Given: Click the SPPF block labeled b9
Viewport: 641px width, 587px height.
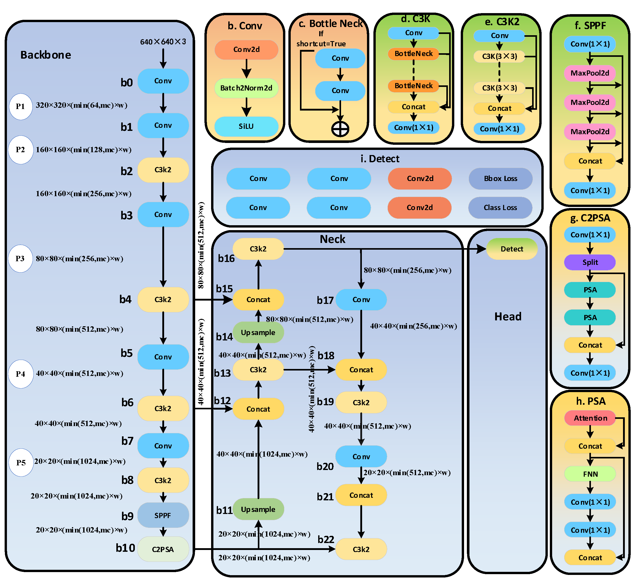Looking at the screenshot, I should click(x=163, y=515).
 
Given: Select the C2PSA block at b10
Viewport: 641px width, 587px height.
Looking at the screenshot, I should click(x=163, y=549).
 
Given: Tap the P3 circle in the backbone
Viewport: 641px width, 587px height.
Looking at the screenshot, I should click(x=20, y=258).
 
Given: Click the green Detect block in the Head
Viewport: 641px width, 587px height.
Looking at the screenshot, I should click(x=512, y=249).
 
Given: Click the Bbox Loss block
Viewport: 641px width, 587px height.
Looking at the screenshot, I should click(x=501, y=179).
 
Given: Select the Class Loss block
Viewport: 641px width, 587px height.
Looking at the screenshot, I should click(x=500, y=207).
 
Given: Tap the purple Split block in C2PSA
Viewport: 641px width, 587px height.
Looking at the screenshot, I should click(x=590, y=262).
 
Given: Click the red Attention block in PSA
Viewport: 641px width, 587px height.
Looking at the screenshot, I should click(x=590, y=418).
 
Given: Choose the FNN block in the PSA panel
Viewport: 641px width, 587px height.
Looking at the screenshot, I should click(x=590, y=474).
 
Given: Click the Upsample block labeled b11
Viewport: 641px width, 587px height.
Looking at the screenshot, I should click(x=258, y=509).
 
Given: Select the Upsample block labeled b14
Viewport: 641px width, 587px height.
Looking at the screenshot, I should click(x=258, y=332).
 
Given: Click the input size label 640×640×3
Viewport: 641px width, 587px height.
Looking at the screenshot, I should click(x=163, y=42).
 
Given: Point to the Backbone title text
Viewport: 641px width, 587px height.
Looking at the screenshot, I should click(x=46, y=55).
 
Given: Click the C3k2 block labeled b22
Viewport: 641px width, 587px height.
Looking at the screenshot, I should click(x=361, y=549).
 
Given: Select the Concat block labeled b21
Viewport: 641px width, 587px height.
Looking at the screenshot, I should click(x=361, y=495).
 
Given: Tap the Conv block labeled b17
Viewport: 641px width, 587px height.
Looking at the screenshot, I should click(x=361, y=300).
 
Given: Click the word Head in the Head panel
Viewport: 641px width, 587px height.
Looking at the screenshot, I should click(x=508, y=317).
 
